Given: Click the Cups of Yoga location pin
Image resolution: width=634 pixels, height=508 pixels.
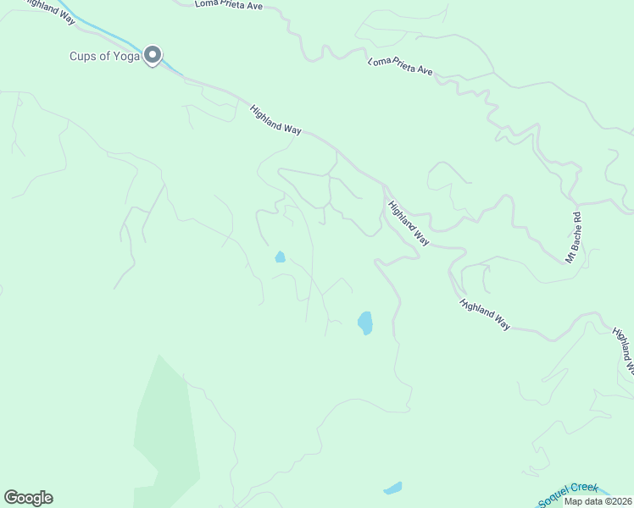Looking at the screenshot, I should pyautogui.click(x=153, y=55).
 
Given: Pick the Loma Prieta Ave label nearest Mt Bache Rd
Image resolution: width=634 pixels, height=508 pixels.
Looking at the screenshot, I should pyautogui.click(x=400, y=67).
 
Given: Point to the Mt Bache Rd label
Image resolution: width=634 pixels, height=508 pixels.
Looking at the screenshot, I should pyautogui.click(x=575, y=235).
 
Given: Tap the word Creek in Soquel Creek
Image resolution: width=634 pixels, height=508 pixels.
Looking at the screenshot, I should pyautogui.click(x=585, y=488).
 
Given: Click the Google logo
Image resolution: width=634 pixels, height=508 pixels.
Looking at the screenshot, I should pyautogui.click(x=28, y=498).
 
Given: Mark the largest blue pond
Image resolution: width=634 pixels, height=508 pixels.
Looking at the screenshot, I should pyautogui.click(x=364, y=323).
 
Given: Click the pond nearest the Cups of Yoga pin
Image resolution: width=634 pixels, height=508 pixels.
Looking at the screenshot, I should pyautogui.click(x=280, y=257).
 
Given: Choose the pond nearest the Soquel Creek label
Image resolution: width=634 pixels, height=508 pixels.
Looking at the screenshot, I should pyautogui.click(x=392, y=488).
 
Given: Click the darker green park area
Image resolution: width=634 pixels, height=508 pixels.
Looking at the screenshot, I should pyautogui.click(x=165, y=423).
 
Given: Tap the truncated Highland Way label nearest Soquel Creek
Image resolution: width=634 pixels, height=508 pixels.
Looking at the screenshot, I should pyautogui.click(x=623, y=351).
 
